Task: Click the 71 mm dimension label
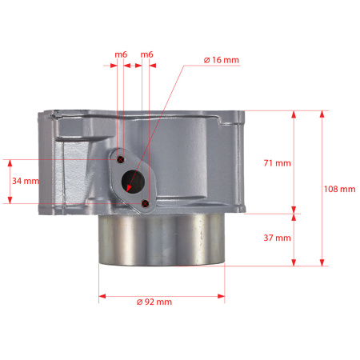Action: pyautogui.click(x=277, y=163)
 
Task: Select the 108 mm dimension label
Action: pyautogui.click(x=339, y=189)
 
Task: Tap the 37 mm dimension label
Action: pyautogui.click(x=277, y=238)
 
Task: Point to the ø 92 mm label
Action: pyautogui.click(x=154, y=302)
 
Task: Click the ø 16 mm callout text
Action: pyautogui.click(x=222, y=60)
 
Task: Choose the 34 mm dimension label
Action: pyautogui.click(x=26, y=181)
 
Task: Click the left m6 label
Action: pyautogui.click(x=121, y=54)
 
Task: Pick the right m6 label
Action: pyautogui.click(x=146, y=54)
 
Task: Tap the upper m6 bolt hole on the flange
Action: pyautogui.click(x=121, y=159)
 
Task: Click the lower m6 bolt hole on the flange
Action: pyautogui.click(x=145, y=203)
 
